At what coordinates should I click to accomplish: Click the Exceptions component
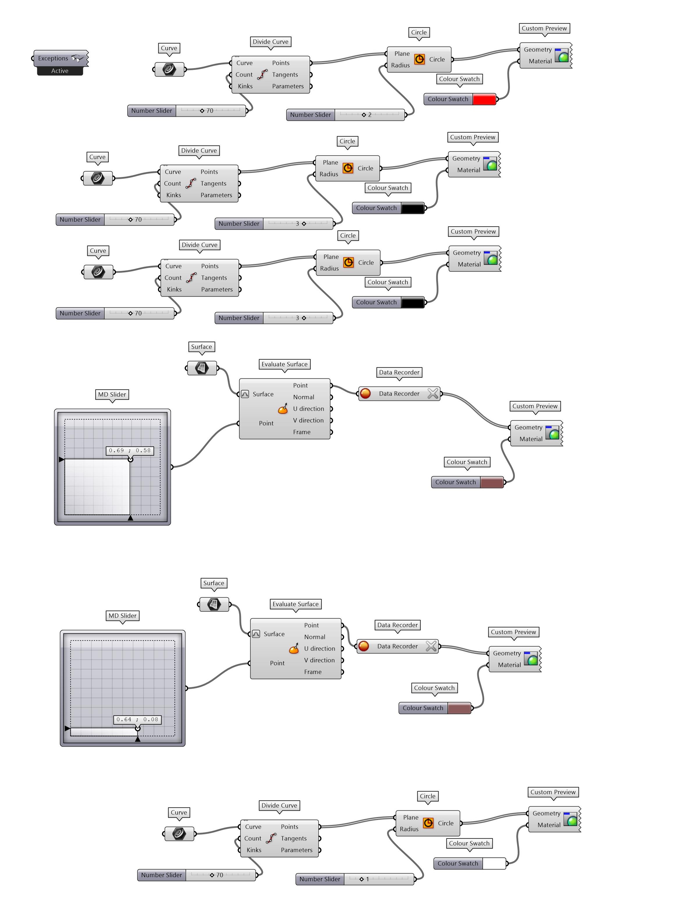coord(54,59)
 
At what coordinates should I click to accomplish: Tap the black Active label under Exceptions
coord(60,71)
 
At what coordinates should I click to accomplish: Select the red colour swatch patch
coord(484,99)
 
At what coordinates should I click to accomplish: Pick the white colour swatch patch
coord(494,863)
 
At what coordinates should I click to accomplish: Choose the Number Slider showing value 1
coord(320,879)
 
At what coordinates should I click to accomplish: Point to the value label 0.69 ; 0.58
coord(130,451)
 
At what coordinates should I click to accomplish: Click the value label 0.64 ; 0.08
coord(137,719)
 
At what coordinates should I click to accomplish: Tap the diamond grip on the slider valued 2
coord(363,115)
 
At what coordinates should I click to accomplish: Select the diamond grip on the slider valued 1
coord(361,879)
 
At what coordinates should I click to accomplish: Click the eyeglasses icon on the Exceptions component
coord(77,58)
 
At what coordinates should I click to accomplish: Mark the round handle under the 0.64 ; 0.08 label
coord(138,729)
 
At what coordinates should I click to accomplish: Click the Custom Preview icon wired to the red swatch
coord(561,55)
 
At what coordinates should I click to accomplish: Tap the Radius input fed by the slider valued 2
coord(400,65)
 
